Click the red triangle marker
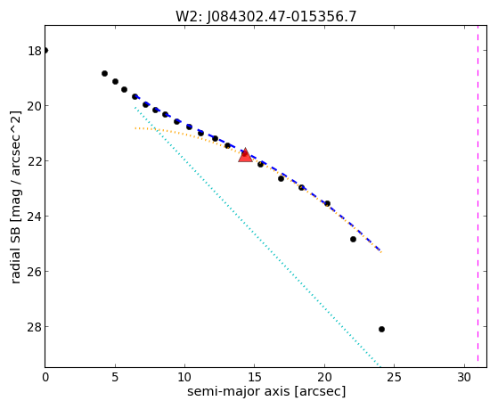(x=245, y=155)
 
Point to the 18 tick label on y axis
(x=35, y=51)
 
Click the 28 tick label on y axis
(x=35, y=327)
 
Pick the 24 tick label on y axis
(x=35, y=217)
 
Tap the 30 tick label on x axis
(x=463, y=377)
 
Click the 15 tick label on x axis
(x=255, y=377)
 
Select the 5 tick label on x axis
(x=115, y=377)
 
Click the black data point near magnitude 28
(x=381, y=329)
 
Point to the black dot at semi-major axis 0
(x=45, y=50)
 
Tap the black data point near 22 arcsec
(x=353, y=239)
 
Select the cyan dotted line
(x=257, y=237)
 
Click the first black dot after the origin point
(x=104, y=73)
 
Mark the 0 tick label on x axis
(x=45, y=377)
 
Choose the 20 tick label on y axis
(x=35, y=106)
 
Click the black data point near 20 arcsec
(x=327, y=203)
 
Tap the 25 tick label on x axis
(x=394, y=377)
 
